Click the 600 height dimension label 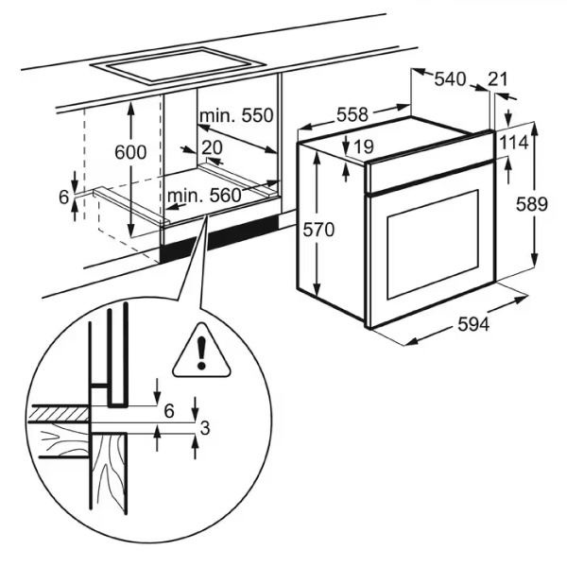click(130, 152)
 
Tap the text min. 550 click(236, 115)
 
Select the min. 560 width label click(204, 196)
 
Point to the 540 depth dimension click(450, 79)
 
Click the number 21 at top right click(498, 79)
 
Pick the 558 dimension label click(352, 114)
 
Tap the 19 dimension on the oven click(363, 146)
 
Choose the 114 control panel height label click(515, 143)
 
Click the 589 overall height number click(531, 204)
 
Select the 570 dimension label click(318, 230)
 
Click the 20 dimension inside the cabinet click(212, 147)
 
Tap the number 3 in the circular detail click(205, 428)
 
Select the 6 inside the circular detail click(169, 411)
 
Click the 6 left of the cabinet click(63, 198)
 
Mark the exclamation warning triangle click(201, 352)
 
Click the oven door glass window click(433, 245)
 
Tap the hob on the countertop click(178, 66)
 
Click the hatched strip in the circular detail click(59, 413)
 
